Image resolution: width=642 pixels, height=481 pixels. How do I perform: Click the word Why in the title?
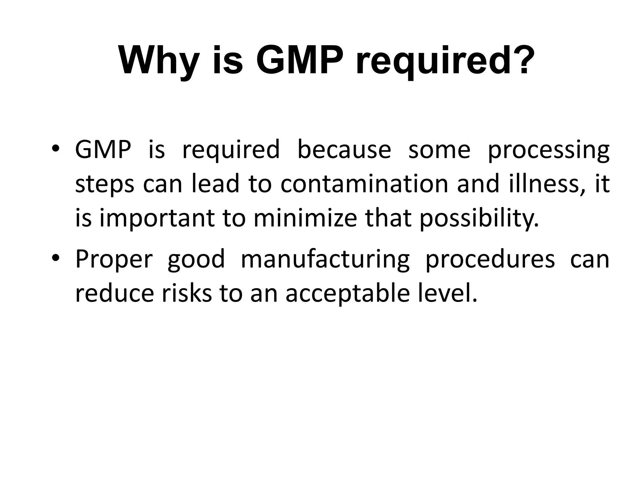159,60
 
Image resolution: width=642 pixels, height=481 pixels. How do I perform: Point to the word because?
344,149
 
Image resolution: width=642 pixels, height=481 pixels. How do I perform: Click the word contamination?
364,184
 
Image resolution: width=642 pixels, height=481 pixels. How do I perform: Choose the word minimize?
305,218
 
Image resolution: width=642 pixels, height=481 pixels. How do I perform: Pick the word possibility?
479,219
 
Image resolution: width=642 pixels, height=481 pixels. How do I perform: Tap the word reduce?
115,293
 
